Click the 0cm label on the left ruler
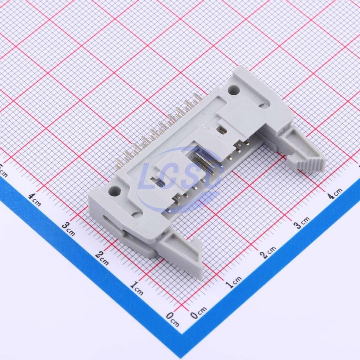173,319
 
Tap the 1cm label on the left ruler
137,288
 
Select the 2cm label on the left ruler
102,258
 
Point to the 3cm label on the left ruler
68,229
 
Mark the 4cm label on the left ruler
35,199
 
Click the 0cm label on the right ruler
198,312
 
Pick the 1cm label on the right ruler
234,282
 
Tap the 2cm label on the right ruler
268,252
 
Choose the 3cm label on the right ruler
302,222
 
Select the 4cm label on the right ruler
335,193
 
